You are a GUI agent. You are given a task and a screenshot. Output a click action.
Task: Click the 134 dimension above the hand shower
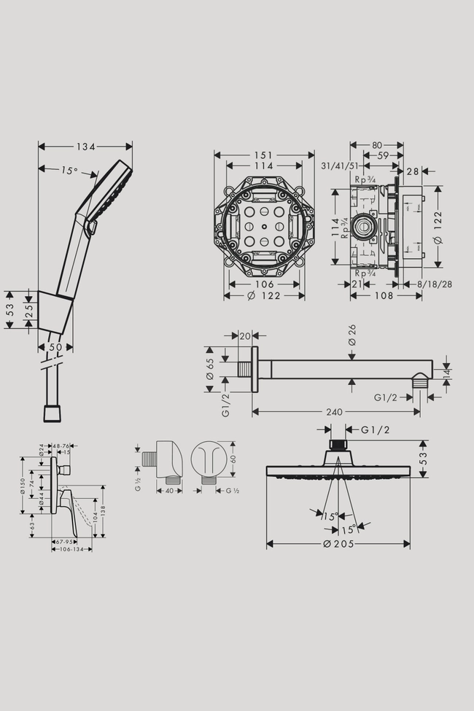pos(86,147)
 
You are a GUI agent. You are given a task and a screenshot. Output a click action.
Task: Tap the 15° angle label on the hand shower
pos(69,171)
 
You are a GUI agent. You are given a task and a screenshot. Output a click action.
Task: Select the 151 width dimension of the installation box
pos(264,155)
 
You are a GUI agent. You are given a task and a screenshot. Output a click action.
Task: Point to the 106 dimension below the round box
pos(264,284)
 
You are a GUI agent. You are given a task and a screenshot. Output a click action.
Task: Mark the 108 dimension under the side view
pos(385,295)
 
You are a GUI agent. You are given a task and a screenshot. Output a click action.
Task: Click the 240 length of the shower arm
pos(335,412)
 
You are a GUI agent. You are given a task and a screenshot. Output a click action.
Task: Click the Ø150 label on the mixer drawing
pos(23,486)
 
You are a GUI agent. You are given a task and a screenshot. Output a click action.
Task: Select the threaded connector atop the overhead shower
pos(337,445)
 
